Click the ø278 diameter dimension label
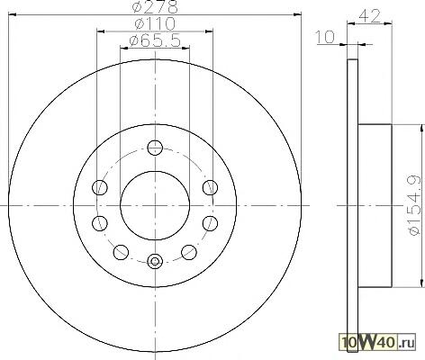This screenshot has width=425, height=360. (x=155, y=6)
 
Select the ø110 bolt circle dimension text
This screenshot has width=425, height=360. (x=155, y=23)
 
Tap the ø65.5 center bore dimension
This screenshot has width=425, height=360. (x=155, y=40)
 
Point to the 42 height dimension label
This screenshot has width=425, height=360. (x=369, y=16)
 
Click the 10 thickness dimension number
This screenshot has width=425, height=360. (x=325, y=37)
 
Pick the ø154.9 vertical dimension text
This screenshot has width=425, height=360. (x=415, y=205)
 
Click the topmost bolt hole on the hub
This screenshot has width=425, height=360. (x=155, y=148)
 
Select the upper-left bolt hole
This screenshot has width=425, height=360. (x=100, y=188)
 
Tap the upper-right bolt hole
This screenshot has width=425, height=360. (x=210, y=188)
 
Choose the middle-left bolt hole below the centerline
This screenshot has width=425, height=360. (x=100, y=223)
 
